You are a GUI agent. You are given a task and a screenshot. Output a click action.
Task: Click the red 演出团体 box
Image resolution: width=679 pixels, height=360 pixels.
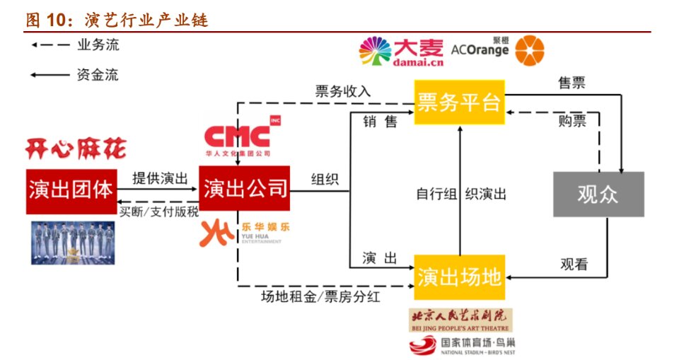71,190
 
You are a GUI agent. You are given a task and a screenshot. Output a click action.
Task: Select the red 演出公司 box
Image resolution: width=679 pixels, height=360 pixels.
245,189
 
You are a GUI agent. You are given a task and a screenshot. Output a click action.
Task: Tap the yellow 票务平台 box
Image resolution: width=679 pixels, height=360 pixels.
458,103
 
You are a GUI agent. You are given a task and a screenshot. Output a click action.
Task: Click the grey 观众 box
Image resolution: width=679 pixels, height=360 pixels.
598,193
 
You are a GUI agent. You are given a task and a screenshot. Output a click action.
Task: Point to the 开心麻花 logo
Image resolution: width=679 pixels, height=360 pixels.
76,149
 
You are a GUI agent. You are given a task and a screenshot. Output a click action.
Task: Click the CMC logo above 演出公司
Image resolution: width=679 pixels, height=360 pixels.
236,139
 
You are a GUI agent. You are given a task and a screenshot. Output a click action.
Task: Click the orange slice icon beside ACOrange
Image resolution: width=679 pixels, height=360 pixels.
530,52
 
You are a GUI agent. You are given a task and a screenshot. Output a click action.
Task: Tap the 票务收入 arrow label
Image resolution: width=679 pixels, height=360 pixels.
343,91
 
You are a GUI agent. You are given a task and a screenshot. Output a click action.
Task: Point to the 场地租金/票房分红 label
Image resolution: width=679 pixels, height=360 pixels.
320,297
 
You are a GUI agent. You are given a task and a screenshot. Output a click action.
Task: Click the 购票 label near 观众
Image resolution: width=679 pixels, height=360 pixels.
572,121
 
